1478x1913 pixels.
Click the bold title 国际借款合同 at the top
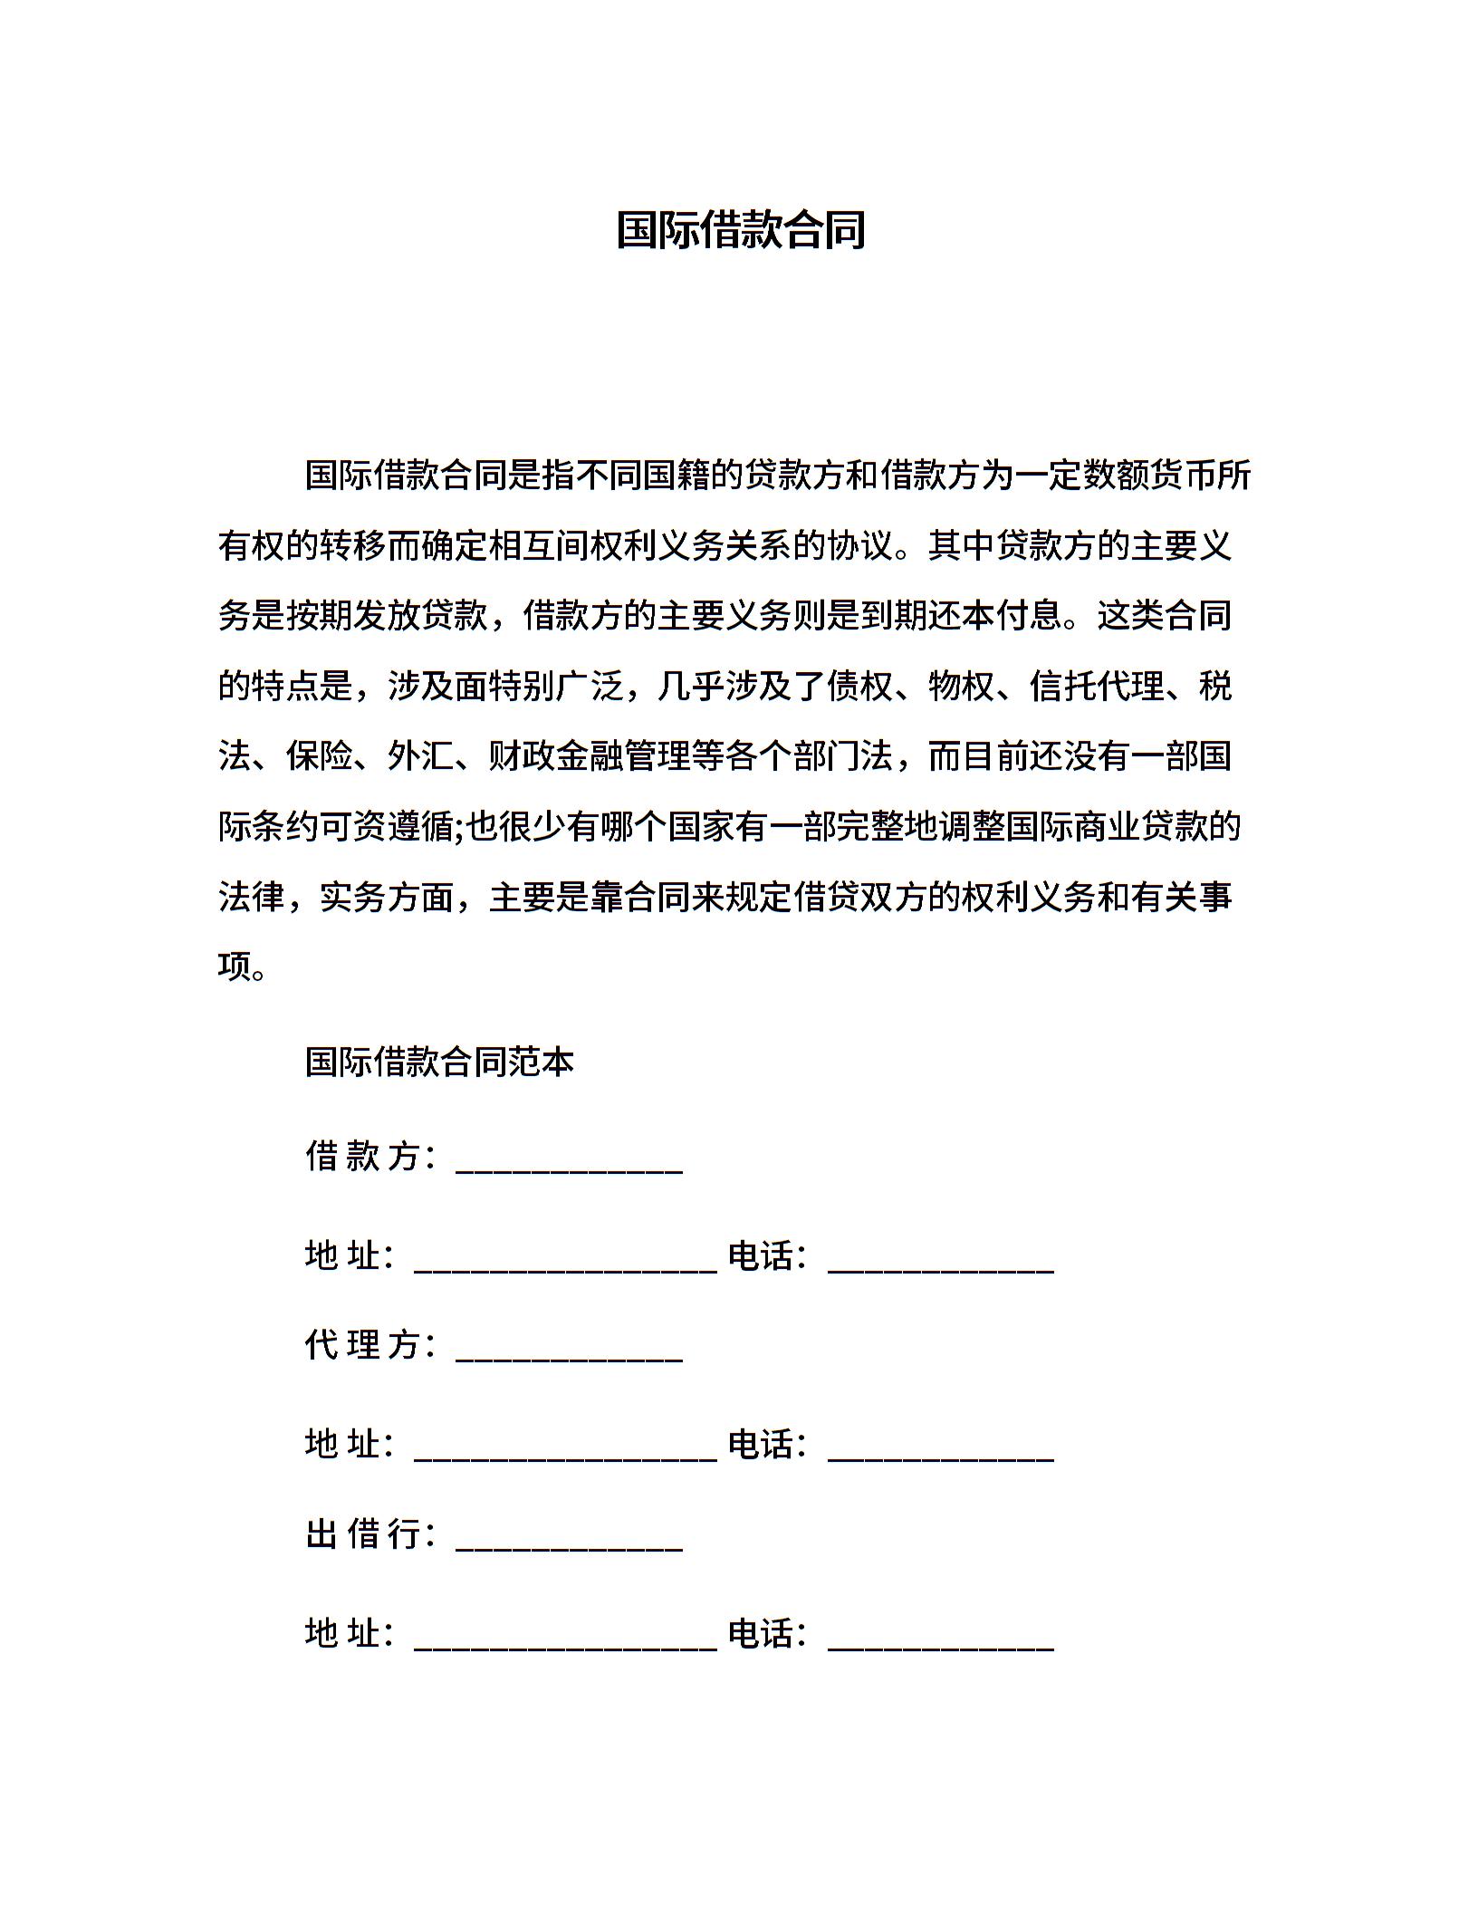pos(740,230)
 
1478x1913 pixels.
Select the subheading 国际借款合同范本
pos(439,1062)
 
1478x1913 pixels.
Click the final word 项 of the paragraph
pos(235,967)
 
